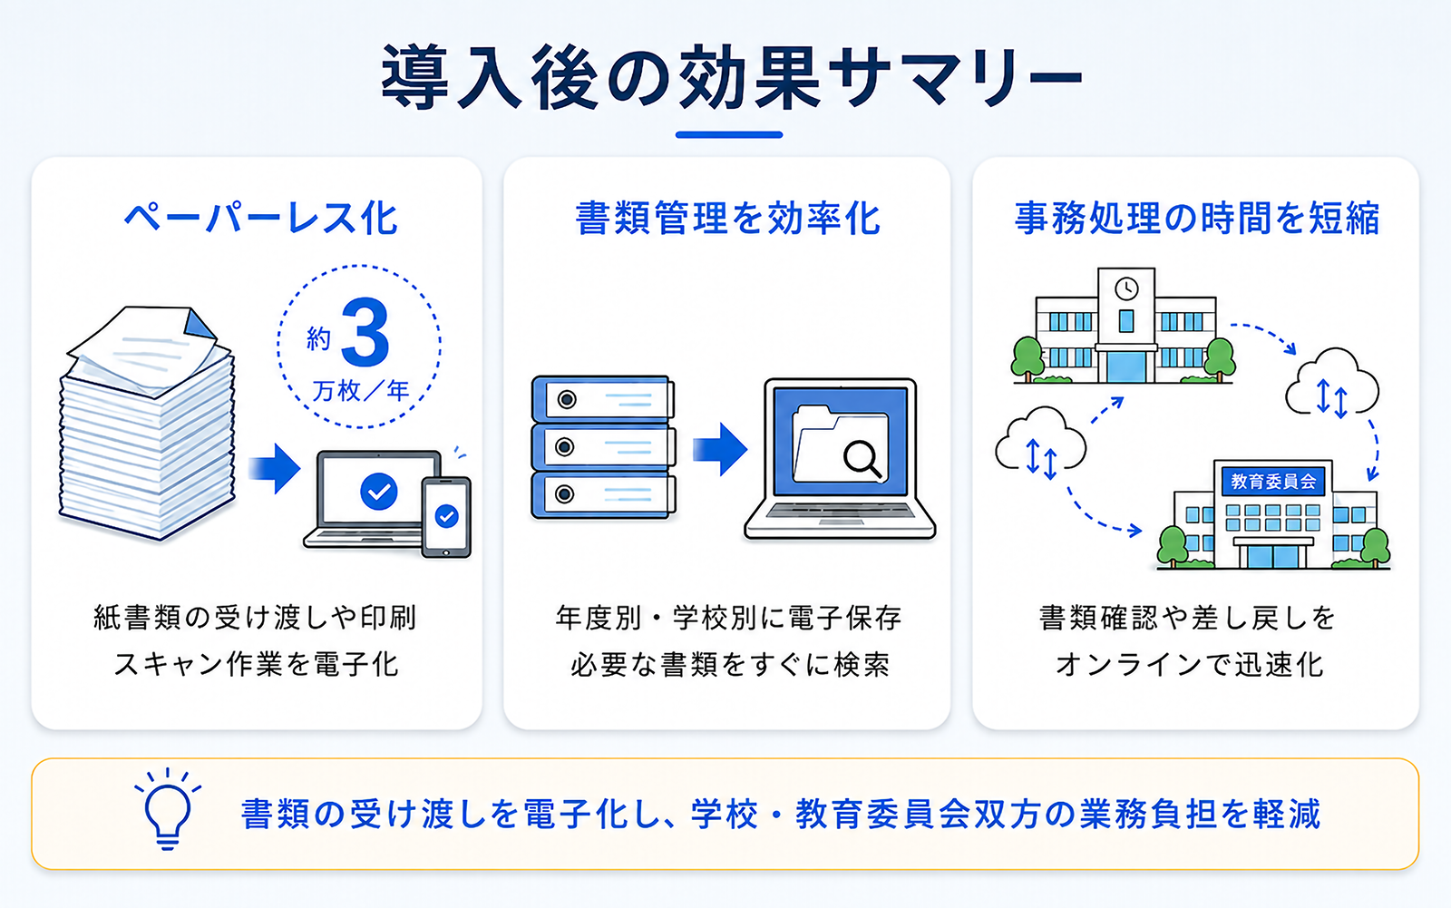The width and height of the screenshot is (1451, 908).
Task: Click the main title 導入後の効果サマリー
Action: pyautogui.click(x=730, y=76)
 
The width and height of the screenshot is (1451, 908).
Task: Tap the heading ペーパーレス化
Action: pyautogui.click(x=260, y=218)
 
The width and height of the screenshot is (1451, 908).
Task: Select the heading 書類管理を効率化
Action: pyautogui.click(x=727, y=218)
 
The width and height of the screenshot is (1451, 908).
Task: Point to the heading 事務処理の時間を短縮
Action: pyautogui.click(x=1196, y=218)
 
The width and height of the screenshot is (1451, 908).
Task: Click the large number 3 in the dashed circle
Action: pyautogui.click(x=365, y=333)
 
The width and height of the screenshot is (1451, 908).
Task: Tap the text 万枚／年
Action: pyautogui.click(x=361, y=391)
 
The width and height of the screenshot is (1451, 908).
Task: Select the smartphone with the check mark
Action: pyautogui.click(x=446, y=518)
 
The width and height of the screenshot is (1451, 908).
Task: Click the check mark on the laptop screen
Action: pyautogui.click(x=379, y=492)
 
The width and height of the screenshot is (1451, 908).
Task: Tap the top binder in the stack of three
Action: pyautogui.click(x=602, y=399)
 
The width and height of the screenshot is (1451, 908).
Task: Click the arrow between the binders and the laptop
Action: pyautogui.click(x=720, y=449)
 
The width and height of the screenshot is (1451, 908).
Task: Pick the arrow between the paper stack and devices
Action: pyautogui.click(x=274, y=468)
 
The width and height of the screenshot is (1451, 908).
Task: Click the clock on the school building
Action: pyautogui.click(x=1126, y=288)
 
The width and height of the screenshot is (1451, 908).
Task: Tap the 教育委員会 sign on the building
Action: pyautogui.click(x=1273, y=482)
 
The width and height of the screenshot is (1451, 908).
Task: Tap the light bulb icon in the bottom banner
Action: pyautogui.click(x=168, y=809)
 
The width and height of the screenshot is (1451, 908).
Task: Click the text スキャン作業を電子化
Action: pyautogui.click(x=257, y=664)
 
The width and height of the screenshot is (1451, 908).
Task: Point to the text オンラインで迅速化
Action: pyautogui.click(x=1189, y=664)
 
